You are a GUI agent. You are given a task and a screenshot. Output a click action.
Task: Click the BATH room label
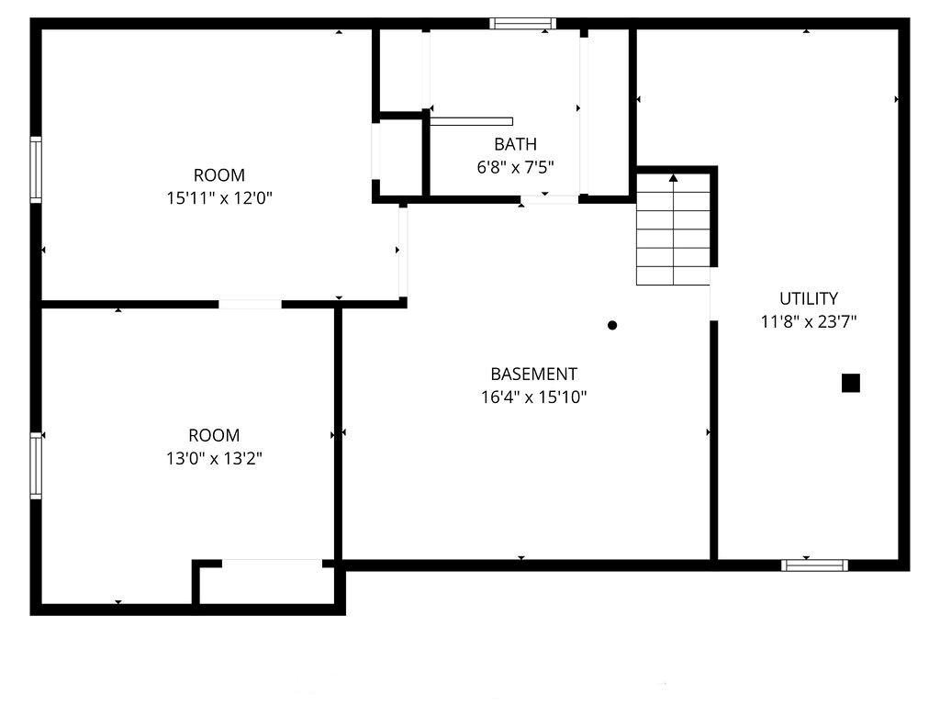(515, 144)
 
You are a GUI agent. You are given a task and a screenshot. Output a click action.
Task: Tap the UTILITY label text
(808, 298)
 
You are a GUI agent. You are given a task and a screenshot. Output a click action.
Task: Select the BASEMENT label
(533, 375)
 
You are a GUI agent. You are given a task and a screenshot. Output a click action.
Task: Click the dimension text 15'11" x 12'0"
(219, 198)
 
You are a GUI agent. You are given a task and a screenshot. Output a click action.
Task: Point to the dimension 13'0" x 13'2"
(214, 459)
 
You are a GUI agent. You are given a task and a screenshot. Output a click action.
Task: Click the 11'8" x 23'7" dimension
(808, 322)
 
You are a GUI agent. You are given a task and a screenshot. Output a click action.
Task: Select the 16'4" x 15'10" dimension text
(533, 397)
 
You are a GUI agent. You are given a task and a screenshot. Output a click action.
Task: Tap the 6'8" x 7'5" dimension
(515, 167)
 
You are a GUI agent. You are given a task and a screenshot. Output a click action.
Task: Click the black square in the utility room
(851, 383)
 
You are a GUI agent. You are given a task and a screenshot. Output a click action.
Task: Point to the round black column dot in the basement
(612, 326)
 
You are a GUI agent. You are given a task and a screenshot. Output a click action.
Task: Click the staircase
(673, 229)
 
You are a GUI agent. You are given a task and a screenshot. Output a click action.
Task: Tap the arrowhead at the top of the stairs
(673, 177)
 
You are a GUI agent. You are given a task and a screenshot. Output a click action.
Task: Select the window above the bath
(522, 23)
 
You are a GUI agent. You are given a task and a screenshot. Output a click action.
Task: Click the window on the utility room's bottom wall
(814, 565)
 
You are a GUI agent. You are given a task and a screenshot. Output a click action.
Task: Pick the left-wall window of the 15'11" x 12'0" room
(36, 170)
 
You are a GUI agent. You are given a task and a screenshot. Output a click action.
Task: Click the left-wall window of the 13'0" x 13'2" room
(36, 465)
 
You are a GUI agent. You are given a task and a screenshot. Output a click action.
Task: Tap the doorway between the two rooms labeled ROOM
(250, 304)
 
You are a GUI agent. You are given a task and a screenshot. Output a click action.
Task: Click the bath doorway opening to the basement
(550, 199)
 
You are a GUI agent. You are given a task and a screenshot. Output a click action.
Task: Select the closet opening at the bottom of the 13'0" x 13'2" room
(272, 564)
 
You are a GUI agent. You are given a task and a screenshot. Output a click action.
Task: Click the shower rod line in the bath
(472, 122)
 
